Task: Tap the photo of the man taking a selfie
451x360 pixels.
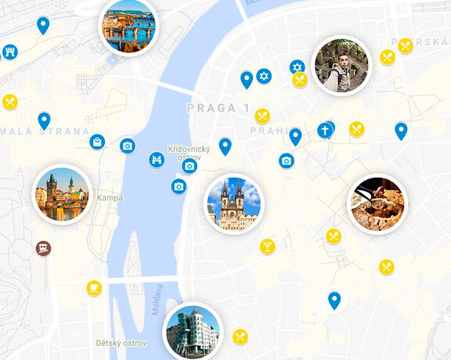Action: [341, 66]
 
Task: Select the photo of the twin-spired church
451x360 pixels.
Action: [234, 203]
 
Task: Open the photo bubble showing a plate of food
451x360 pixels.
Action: [377, 203]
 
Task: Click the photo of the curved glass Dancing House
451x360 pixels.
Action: [193, 332]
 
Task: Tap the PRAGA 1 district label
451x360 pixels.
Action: [218, 107]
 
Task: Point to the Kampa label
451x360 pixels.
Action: [110, 198]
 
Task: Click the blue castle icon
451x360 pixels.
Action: [10, 52]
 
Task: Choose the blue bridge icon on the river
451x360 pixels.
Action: [157, 160]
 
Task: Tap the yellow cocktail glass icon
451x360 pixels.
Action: [268, 247]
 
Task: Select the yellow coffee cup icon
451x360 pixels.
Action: [94, 288]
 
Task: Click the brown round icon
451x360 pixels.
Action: [44, 248]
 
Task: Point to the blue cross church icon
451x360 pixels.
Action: [325, 130]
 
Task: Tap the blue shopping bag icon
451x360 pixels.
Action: [97, 142]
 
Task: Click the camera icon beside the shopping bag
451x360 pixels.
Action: [128, 146]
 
